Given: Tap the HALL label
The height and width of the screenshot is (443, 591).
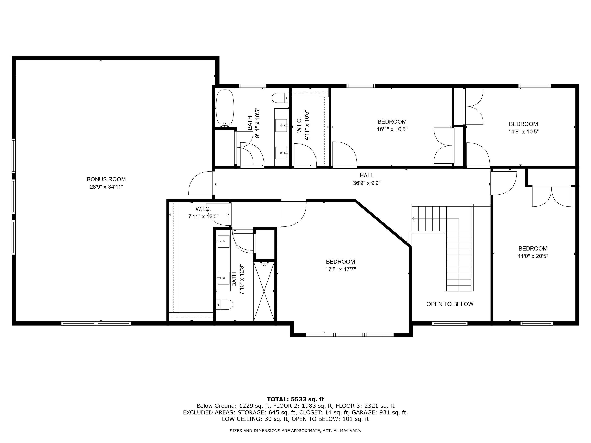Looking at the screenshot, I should coord(366,175).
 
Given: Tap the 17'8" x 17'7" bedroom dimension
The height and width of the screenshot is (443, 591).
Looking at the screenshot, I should coord(340,269).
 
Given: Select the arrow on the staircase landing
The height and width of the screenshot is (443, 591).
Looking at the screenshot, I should coord(413,219).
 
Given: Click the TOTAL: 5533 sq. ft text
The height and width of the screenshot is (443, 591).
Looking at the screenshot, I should coord(295,399).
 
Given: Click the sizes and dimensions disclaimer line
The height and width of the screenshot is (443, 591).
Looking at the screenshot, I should coord(295,431).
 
